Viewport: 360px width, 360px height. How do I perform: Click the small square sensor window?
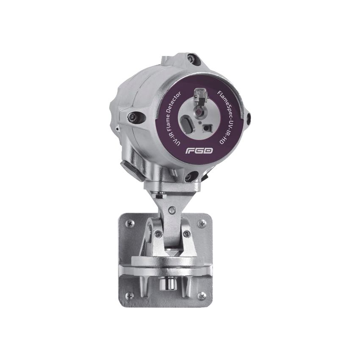(207, 127)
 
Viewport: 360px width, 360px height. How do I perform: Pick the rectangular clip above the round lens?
(199, 95)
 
